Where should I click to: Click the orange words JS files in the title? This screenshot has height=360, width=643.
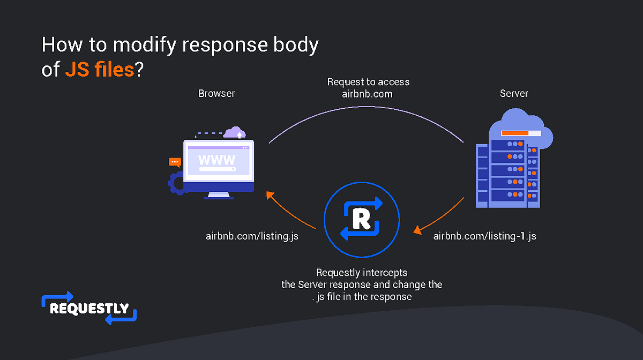tap(99, 70)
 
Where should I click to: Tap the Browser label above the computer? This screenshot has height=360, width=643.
tap(216, 93)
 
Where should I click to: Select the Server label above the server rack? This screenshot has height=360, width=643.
tap(514, 93)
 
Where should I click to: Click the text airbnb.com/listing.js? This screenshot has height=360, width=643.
tap(252, 236)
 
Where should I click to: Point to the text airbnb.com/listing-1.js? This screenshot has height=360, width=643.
tap(484, 236)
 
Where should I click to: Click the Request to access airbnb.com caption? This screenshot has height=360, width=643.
tap(368, 88)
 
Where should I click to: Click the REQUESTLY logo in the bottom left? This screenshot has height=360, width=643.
tap(89, 308)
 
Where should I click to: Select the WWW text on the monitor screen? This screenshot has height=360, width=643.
tap(216, 160)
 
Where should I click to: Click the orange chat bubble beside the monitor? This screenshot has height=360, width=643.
tap(175, 162)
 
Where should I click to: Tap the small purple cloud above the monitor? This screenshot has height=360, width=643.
tap(235, 132)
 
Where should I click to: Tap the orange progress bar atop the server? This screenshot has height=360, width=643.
tap(515, 133)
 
